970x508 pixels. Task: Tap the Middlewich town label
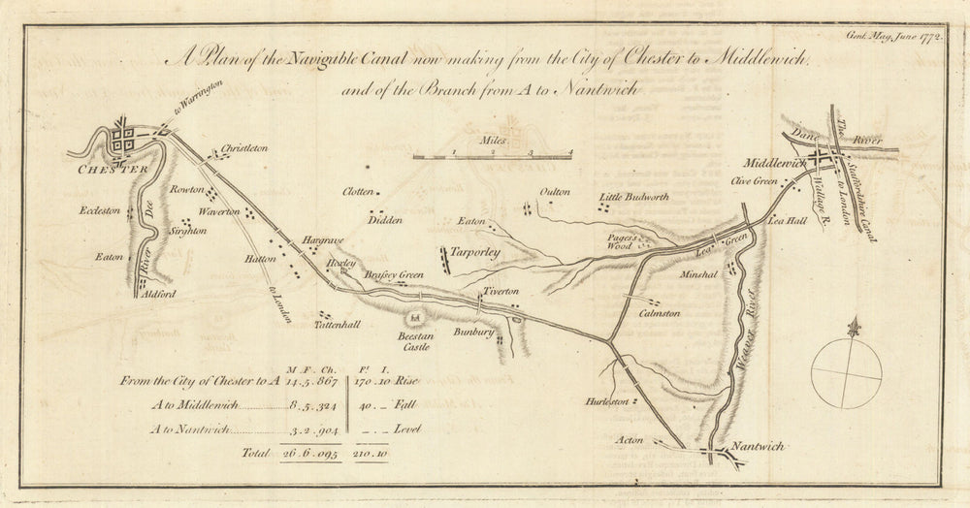(775, 165)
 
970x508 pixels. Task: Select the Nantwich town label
(758, 447)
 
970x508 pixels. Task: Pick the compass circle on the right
(847, 373)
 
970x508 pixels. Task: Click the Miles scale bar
(493, 155)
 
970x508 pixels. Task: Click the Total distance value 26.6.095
(310, 454)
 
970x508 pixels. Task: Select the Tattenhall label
(337, 326)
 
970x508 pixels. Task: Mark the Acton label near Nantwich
(630, 440)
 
